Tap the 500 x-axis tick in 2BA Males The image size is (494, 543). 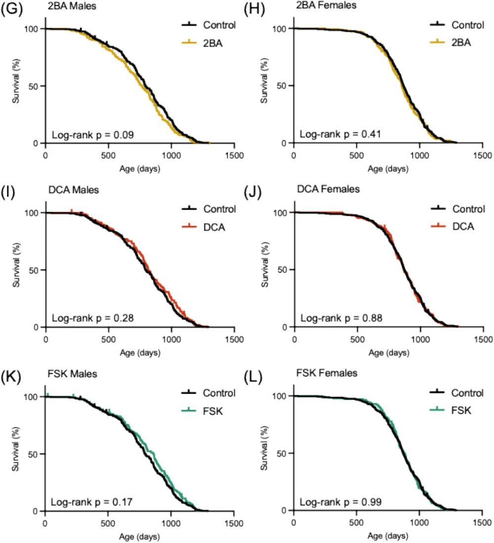pyautogui.click(x=108, y=154)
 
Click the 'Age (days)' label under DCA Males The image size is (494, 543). pyautogui.click(x=139, y=353)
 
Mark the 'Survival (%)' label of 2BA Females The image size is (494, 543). pyautogui.click(x=264, y=85)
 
